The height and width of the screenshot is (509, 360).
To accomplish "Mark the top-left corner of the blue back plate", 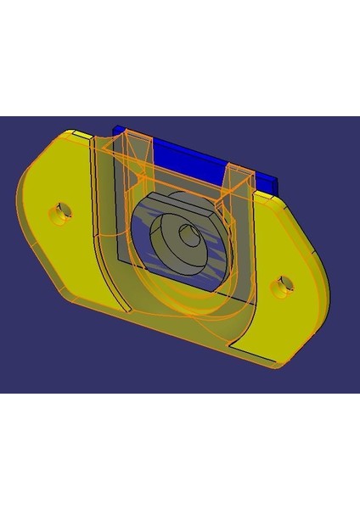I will pos(117,128).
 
